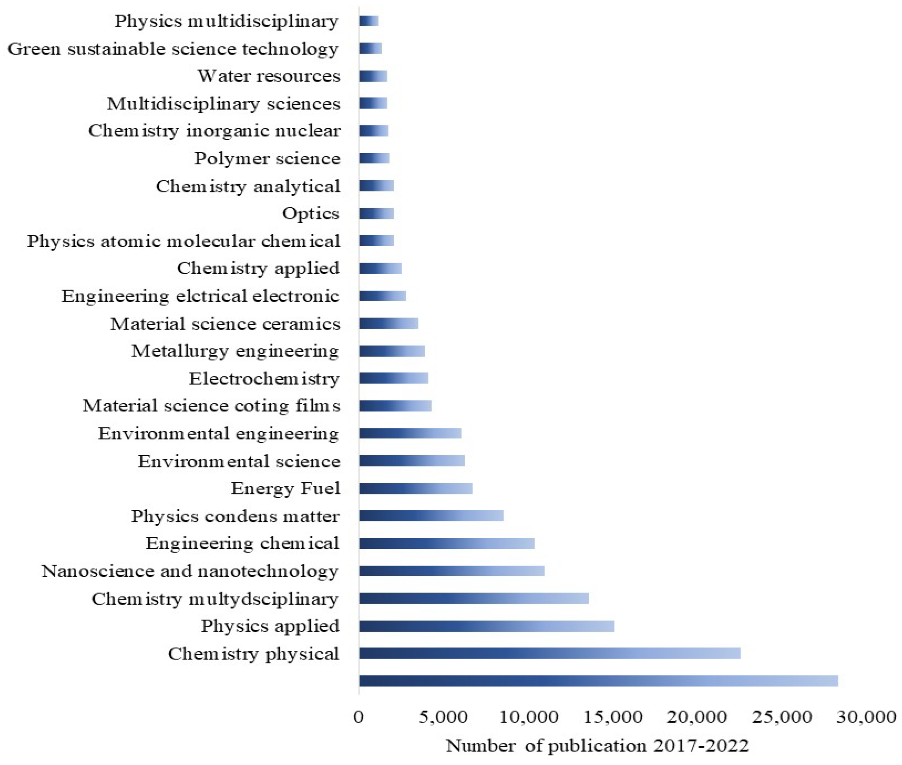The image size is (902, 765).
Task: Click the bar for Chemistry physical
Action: point(549,653)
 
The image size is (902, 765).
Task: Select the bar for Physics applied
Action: point(486,626)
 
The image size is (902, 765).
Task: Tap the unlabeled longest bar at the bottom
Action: point(598,681)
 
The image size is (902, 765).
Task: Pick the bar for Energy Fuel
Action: point(415,488)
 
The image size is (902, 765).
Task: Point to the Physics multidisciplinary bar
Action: point(368,21)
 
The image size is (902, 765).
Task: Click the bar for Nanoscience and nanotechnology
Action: point(451,571)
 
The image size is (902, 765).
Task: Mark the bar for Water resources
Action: point(373,76)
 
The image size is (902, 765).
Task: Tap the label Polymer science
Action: point(267,158)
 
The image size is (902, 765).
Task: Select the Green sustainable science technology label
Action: point(173,49)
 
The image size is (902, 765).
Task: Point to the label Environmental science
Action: point(239,461)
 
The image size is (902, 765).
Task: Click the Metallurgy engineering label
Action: point(235,351)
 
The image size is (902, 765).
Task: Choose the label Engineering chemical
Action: point(242,543)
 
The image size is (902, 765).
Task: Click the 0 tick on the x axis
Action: point(358,717)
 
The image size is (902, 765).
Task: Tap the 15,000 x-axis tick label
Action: point(613,717)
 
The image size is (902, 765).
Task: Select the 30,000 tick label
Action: point(866,717)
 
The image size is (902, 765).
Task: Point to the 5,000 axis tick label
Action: point(443,717)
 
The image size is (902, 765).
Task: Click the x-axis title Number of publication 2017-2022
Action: point(597,745)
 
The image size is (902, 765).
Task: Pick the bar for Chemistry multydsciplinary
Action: point(473,598)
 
